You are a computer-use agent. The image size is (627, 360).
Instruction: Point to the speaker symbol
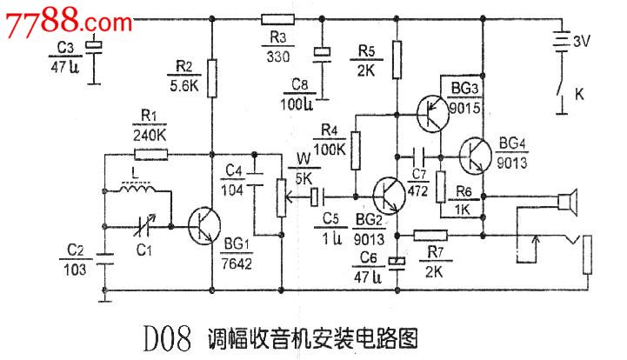568,203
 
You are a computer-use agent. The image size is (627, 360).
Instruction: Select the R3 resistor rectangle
279,17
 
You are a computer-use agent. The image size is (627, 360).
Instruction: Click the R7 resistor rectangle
430,234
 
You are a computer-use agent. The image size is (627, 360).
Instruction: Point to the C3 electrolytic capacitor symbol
97,49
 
